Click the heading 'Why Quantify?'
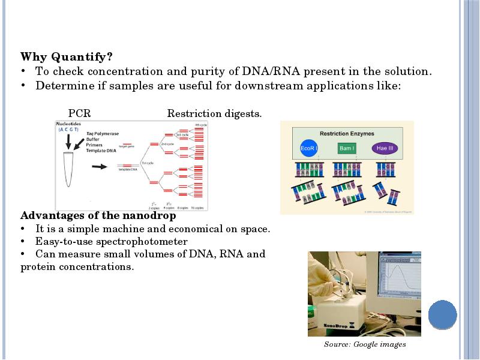click(67, 57)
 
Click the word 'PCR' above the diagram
click(79, 113)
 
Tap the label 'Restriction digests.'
click(214, 113)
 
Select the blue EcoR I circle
click(308, 148)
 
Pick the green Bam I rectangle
click(347, 148)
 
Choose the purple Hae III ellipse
click(385, 148)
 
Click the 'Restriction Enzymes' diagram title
click(347, 133)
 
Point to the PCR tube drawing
click(68, 162)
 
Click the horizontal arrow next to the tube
click(100, 167)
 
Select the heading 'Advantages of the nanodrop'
click(98, 215)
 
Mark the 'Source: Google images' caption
click(365, 344)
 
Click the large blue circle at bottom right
click(443, 314)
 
